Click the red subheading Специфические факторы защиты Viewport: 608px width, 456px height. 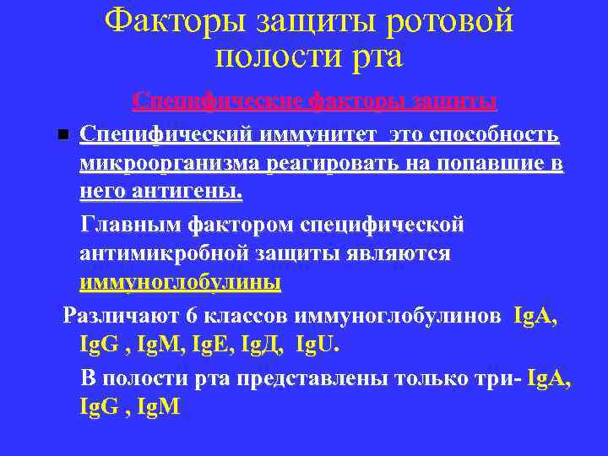[314, 102]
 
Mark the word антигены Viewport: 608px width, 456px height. [180, 193]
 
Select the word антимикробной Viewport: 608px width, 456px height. [165, 254]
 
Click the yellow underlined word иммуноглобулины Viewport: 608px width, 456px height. [180, 284]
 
